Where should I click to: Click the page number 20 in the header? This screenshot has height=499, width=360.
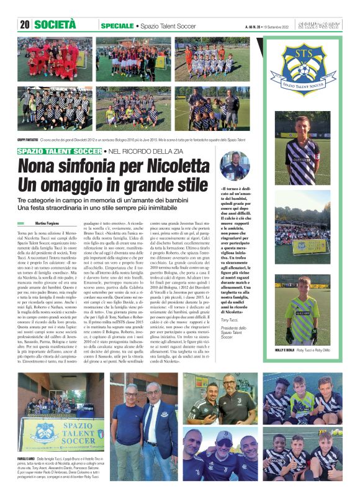pos(25,25)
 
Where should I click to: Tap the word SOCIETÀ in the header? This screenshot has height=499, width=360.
pos(57,25)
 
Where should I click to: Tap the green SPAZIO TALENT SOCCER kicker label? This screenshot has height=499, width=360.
pos(60,151)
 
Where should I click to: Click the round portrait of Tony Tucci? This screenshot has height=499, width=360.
pos(235,165)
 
